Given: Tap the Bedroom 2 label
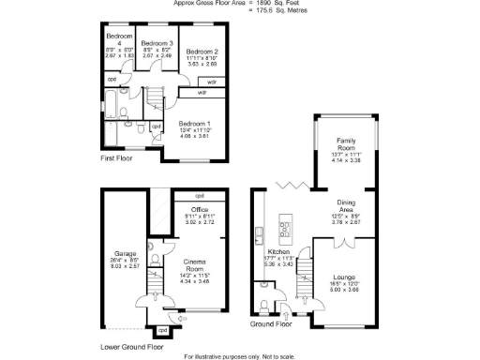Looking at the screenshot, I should (202, 51).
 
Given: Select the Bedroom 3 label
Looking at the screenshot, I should (157, 43).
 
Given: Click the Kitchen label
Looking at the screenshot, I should (279, 253).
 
